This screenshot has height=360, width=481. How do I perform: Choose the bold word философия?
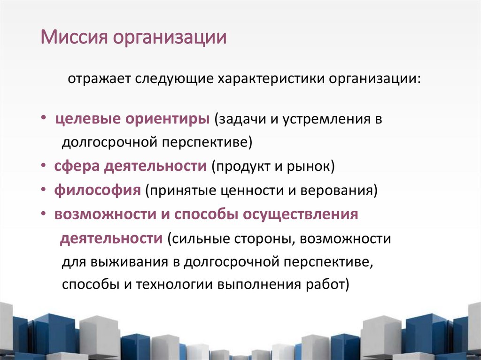[x=97, y=191]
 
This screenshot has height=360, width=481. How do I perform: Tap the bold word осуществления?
[x=300, y=214]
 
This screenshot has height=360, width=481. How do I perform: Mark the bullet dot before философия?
[x=43, y=191]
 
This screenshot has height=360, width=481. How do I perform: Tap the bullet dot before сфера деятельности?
[x=43, y=166]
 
